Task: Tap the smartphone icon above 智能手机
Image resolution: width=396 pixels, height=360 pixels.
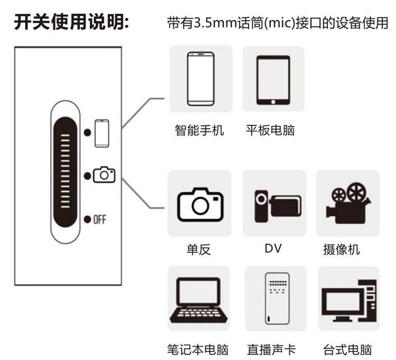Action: click(201, 78)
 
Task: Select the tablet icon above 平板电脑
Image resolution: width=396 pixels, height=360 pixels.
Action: click(273, 79)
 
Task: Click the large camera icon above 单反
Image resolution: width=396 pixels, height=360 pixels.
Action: click(200, 202)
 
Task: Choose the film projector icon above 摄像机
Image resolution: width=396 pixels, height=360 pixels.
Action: click(346, 202)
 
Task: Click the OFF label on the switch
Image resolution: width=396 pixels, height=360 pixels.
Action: click(99, 219)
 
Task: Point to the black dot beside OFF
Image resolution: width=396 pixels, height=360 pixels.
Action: click(87, 219)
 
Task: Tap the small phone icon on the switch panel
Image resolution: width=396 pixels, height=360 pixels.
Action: click(102, 133)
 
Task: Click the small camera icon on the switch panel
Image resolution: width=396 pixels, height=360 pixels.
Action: click(104, 175)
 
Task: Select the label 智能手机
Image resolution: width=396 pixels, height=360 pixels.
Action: click(200, 130)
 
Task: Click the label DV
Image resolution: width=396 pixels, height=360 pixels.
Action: click(274, 247)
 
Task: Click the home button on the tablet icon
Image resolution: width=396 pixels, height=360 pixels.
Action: click(273, 101)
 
